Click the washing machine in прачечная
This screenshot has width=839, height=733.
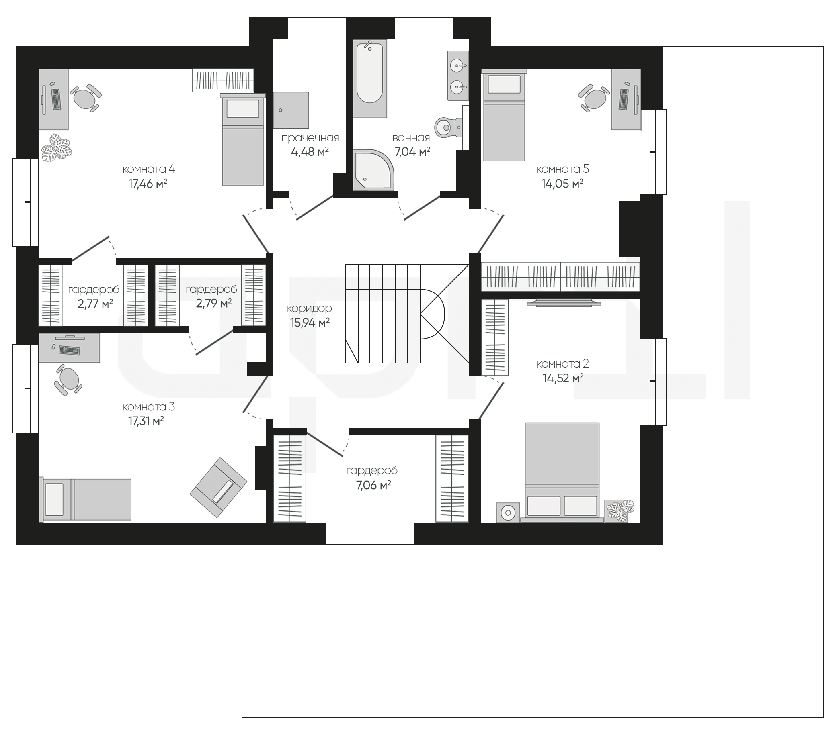[291, 110]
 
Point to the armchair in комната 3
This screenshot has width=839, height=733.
[219, 488]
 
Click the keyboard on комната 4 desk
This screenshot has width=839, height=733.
[56, 99]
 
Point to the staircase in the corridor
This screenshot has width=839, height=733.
[407, 314]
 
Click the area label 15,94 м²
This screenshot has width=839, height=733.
[310, 323]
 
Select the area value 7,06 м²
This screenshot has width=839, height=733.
[373, 486]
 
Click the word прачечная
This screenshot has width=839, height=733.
[310, 138]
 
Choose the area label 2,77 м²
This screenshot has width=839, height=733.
[95, 304]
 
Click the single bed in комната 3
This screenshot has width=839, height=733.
[85, 499]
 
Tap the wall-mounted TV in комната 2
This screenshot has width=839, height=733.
[564, 303]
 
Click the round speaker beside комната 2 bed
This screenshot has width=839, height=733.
[508, 512]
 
